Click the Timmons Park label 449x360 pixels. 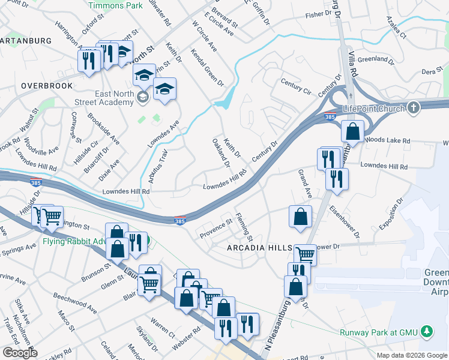[115, 5]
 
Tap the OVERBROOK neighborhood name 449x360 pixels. [47, 86]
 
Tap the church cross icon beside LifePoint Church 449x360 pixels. [412, 108]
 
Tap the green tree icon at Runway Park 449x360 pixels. [427, 331]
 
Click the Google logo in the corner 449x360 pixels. [19, 353]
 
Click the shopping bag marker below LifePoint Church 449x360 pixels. [353, 131]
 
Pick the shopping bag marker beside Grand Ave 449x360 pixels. [300, 217]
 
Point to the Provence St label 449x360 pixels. [216, 228]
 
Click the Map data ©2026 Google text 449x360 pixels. [411, 355]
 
